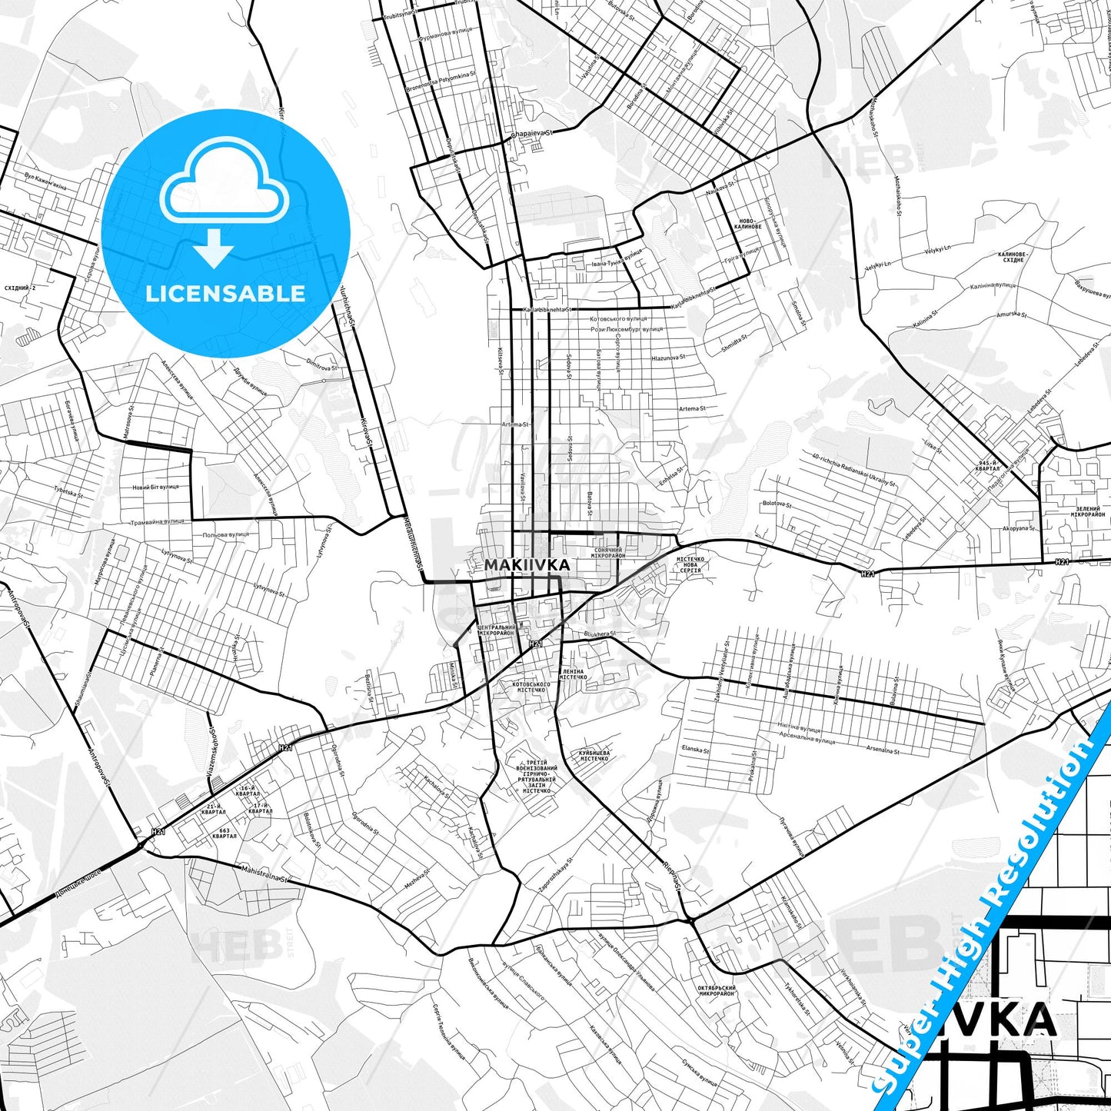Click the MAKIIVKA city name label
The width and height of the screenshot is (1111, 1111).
(x=527, y=565)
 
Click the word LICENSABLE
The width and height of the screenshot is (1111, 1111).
(x=225, y=294)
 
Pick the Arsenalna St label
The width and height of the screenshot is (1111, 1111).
(x=883, y=749)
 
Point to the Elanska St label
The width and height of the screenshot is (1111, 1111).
(x=696, y=750)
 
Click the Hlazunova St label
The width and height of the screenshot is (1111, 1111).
(x=667, y=358)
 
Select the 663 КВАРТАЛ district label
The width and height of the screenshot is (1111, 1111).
(x=225, y=833)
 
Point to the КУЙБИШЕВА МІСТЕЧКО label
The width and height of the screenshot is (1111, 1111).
(x=594, y=755)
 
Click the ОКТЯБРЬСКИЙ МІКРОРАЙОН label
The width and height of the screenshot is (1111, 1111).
(x=717, y=990)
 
